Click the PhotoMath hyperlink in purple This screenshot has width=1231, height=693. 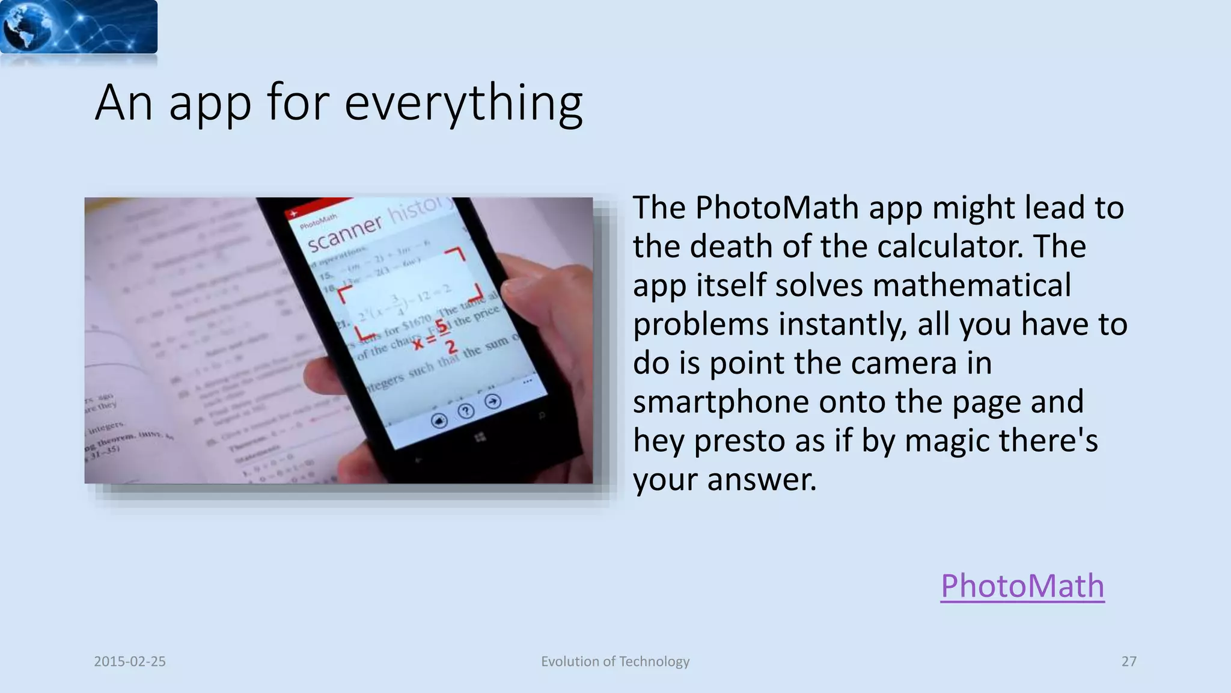(1022, 586)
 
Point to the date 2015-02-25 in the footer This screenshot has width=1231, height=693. (130, 662)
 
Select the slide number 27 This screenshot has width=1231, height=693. (1129, 662)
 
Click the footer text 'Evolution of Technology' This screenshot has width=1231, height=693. (615, 662)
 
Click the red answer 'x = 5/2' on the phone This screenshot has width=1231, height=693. (434, 337)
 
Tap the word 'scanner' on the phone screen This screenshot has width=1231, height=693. (344, 235)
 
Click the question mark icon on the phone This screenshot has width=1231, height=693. (466, 411)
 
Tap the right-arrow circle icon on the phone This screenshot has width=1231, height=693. (493, 401)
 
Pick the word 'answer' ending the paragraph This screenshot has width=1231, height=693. (762, 480)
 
